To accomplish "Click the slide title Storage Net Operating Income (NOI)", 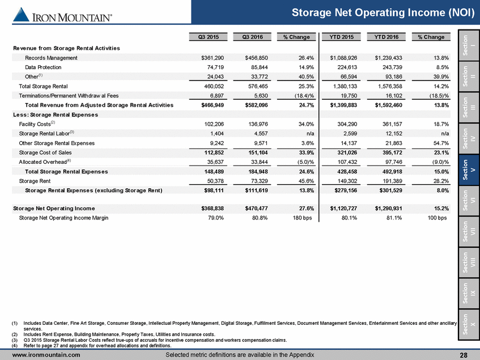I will (384, 12).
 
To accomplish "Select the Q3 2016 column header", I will (253, 37).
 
